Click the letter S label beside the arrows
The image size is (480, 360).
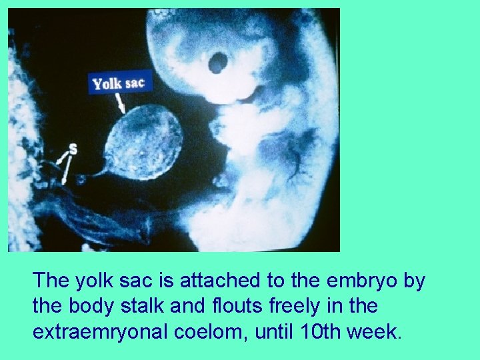[x=73, y=149]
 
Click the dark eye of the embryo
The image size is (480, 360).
[x=217, y=63]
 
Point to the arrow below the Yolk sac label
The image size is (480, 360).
[x=120, y=102]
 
